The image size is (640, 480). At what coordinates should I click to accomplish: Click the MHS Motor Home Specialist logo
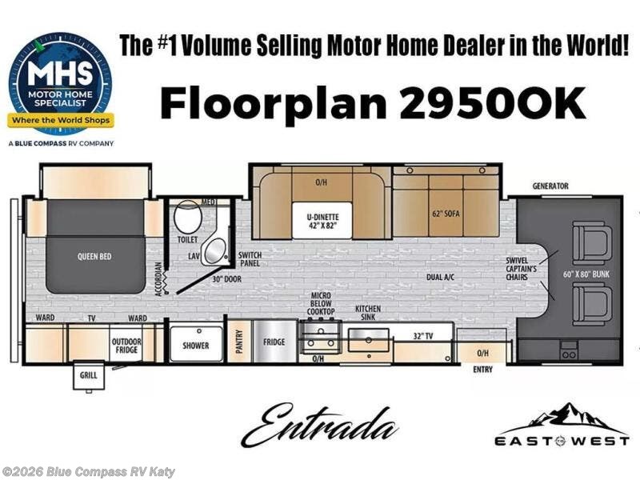click(x=61, y=87)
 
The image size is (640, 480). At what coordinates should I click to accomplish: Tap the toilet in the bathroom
click(x=188, y=217)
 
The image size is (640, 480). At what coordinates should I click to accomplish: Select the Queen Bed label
click(x=94, y=256)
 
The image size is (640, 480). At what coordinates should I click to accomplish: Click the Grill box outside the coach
click(x=89, y=375)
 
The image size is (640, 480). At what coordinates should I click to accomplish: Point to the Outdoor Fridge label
click(x=126, y=346)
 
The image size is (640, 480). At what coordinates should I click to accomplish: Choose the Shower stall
click(x=196, y=343)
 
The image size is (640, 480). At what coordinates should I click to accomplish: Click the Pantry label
click(x=239, y=341)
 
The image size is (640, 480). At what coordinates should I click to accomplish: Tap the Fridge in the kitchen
click(x=274, y=342)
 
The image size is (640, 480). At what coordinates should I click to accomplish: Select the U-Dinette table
click(x=322, y=221)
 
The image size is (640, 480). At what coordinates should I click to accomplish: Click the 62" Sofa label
click(x=446, y=214)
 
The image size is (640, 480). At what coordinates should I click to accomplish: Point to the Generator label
click(x=550, y=186)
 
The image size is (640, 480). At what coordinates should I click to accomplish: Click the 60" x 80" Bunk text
click(x=586, y=274)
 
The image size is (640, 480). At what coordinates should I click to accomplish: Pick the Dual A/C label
click(x=441, y=277)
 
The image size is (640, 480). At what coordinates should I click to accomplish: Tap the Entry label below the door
click(x=483, y=370)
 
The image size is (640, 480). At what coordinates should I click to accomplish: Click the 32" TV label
click(x=423, y=336)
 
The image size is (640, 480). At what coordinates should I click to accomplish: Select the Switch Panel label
click(x=250, y=259)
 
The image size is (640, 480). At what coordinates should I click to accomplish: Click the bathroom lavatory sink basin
click(x=214, y=250)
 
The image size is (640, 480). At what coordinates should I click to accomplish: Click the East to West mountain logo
click(x=562, y=424)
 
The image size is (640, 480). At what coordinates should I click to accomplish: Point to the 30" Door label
click(x=227, y=279)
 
